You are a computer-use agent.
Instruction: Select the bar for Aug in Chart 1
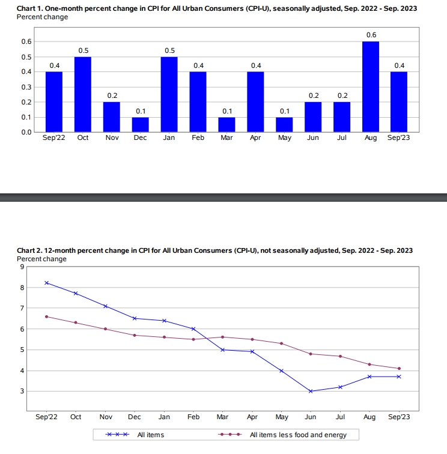(x=371, y=87)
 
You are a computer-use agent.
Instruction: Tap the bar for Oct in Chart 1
(x=82, y=94)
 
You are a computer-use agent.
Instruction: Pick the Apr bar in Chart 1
(x=255, y=102)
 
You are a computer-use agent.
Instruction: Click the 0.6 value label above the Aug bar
(x=371, y=35)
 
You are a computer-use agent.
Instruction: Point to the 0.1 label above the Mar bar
(x=227, y=110)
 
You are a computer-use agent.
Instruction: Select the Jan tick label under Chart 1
(x=169, y=138)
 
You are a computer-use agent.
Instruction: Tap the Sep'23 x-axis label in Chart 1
(x=400, y=138)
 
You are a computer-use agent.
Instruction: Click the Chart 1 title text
(x=216, y=9)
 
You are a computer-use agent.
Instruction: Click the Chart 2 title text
(x=214, y=250)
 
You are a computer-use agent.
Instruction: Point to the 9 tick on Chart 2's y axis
(x=22, y=267)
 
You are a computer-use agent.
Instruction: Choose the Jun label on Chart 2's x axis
(x=310, y=416)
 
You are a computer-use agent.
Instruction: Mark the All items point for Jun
(x=311, y=391)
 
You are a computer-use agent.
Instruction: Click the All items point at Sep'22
(x=46, y=283)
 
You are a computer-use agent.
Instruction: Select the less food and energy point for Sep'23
(x=399, y=368)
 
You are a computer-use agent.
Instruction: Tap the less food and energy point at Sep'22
(x=46, y=316)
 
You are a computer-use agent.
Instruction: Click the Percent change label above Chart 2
(x=42, y=259)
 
